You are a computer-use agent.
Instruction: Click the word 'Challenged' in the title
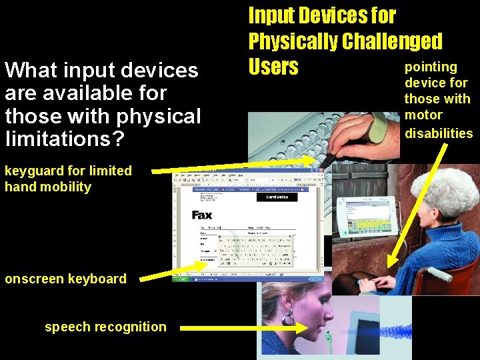392,41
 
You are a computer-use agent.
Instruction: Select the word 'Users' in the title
273,67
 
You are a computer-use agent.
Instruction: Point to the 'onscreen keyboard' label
65,279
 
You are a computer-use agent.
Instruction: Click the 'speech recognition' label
105,327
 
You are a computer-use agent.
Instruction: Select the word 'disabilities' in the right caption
439,133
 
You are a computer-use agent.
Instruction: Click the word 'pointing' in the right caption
431,67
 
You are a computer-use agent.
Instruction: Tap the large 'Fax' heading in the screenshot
201,215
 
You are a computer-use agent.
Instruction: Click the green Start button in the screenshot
182,279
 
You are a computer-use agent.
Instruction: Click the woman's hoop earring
288,319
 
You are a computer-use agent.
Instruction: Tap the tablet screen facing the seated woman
363,221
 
